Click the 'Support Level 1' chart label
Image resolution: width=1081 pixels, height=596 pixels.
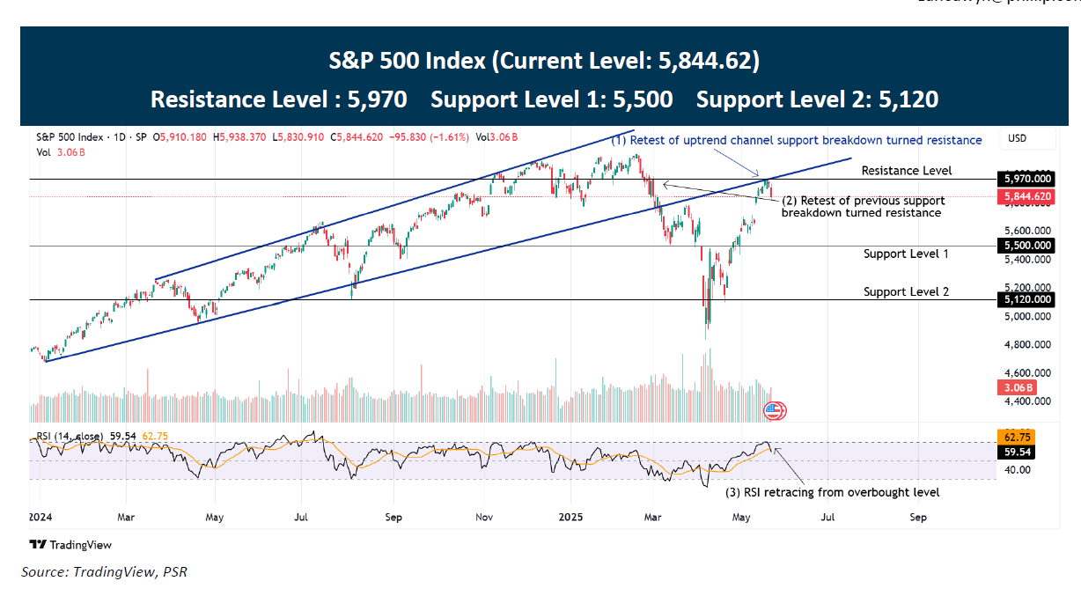[x=906, y=254]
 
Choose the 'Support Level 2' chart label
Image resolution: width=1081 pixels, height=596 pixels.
[x=906, y=291]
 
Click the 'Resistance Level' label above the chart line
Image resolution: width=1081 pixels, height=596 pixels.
[x=907, y=170]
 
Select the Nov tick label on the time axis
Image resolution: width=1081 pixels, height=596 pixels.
[x=485, y=517]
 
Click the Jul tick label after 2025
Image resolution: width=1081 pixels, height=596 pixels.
[x=827, y=517]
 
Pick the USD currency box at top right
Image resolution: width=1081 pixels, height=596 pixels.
[x=1018, y=139]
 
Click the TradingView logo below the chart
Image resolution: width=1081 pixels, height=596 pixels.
[x=67, y=544]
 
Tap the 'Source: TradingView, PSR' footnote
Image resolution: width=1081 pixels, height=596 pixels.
[x=104, y=572]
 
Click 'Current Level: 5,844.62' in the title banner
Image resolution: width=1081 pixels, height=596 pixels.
[x=625, y=61]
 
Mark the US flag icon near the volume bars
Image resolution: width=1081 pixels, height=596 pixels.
[x=773, y=409]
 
